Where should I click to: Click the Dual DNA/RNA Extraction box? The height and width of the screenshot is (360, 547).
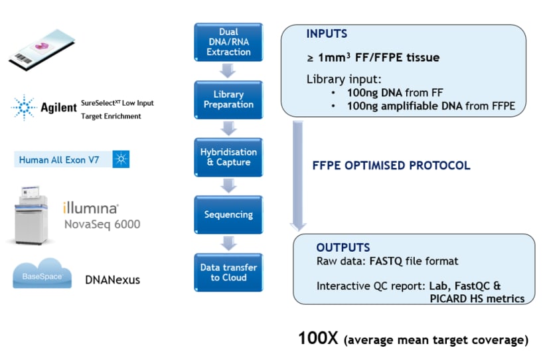pos(228,42)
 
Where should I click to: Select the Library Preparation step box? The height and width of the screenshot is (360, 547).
pos(228,99)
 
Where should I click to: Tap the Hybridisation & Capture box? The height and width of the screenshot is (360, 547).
pos(228,157)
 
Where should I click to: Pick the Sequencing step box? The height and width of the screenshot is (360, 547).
pos(228,215)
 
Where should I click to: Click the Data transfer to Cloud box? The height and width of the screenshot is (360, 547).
pos(228,272)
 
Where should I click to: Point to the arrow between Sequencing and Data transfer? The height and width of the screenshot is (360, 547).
pos(228,243)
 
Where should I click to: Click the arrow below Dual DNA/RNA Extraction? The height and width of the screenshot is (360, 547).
pos(228,70)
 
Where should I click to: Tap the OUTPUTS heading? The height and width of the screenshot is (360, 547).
pos(343,248)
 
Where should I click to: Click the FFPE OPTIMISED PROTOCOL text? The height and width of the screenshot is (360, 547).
pos(391,165)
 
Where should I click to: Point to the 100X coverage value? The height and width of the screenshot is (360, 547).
pos(318,339)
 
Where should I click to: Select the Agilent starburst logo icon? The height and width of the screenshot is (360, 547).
pos(23,106)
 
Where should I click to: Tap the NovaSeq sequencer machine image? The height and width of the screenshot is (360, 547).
pos(33,215)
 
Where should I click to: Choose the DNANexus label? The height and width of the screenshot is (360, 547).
pos(112,280)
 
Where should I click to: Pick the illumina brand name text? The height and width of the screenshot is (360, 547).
pos(91,207)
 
